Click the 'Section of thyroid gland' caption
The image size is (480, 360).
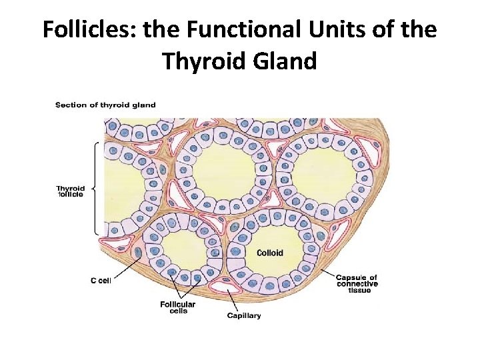point(105,105)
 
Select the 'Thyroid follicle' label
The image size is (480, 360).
point(70,192)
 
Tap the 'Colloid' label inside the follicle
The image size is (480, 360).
point(270,253)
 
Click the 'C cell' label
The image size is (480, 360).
point(100,281)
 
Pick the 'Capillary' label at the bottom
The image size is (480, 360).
point(244,315)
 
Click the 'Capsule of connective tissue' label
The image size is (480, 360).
point(356,284)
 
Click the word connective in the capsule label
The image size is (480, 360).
point(356,284)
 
